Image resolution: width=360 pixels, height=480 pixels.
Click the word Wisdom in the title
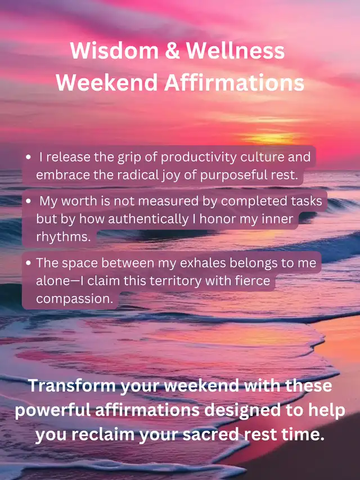114,51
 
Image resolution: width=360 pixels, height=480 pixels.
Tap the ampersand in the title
172,51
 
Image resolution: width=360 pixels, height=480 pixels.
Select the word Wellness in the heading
236,51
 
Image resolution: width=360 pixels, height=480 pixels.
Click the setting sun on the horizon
269,138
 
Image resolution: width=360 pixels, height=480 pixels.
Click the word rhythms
64,237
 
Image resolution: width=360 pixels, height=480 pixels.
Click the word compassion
75,299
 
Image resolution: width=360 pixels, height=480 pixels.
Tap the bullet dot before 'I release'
29,158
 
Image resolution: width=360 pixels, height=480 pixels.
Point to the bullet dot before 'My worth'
29,201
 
